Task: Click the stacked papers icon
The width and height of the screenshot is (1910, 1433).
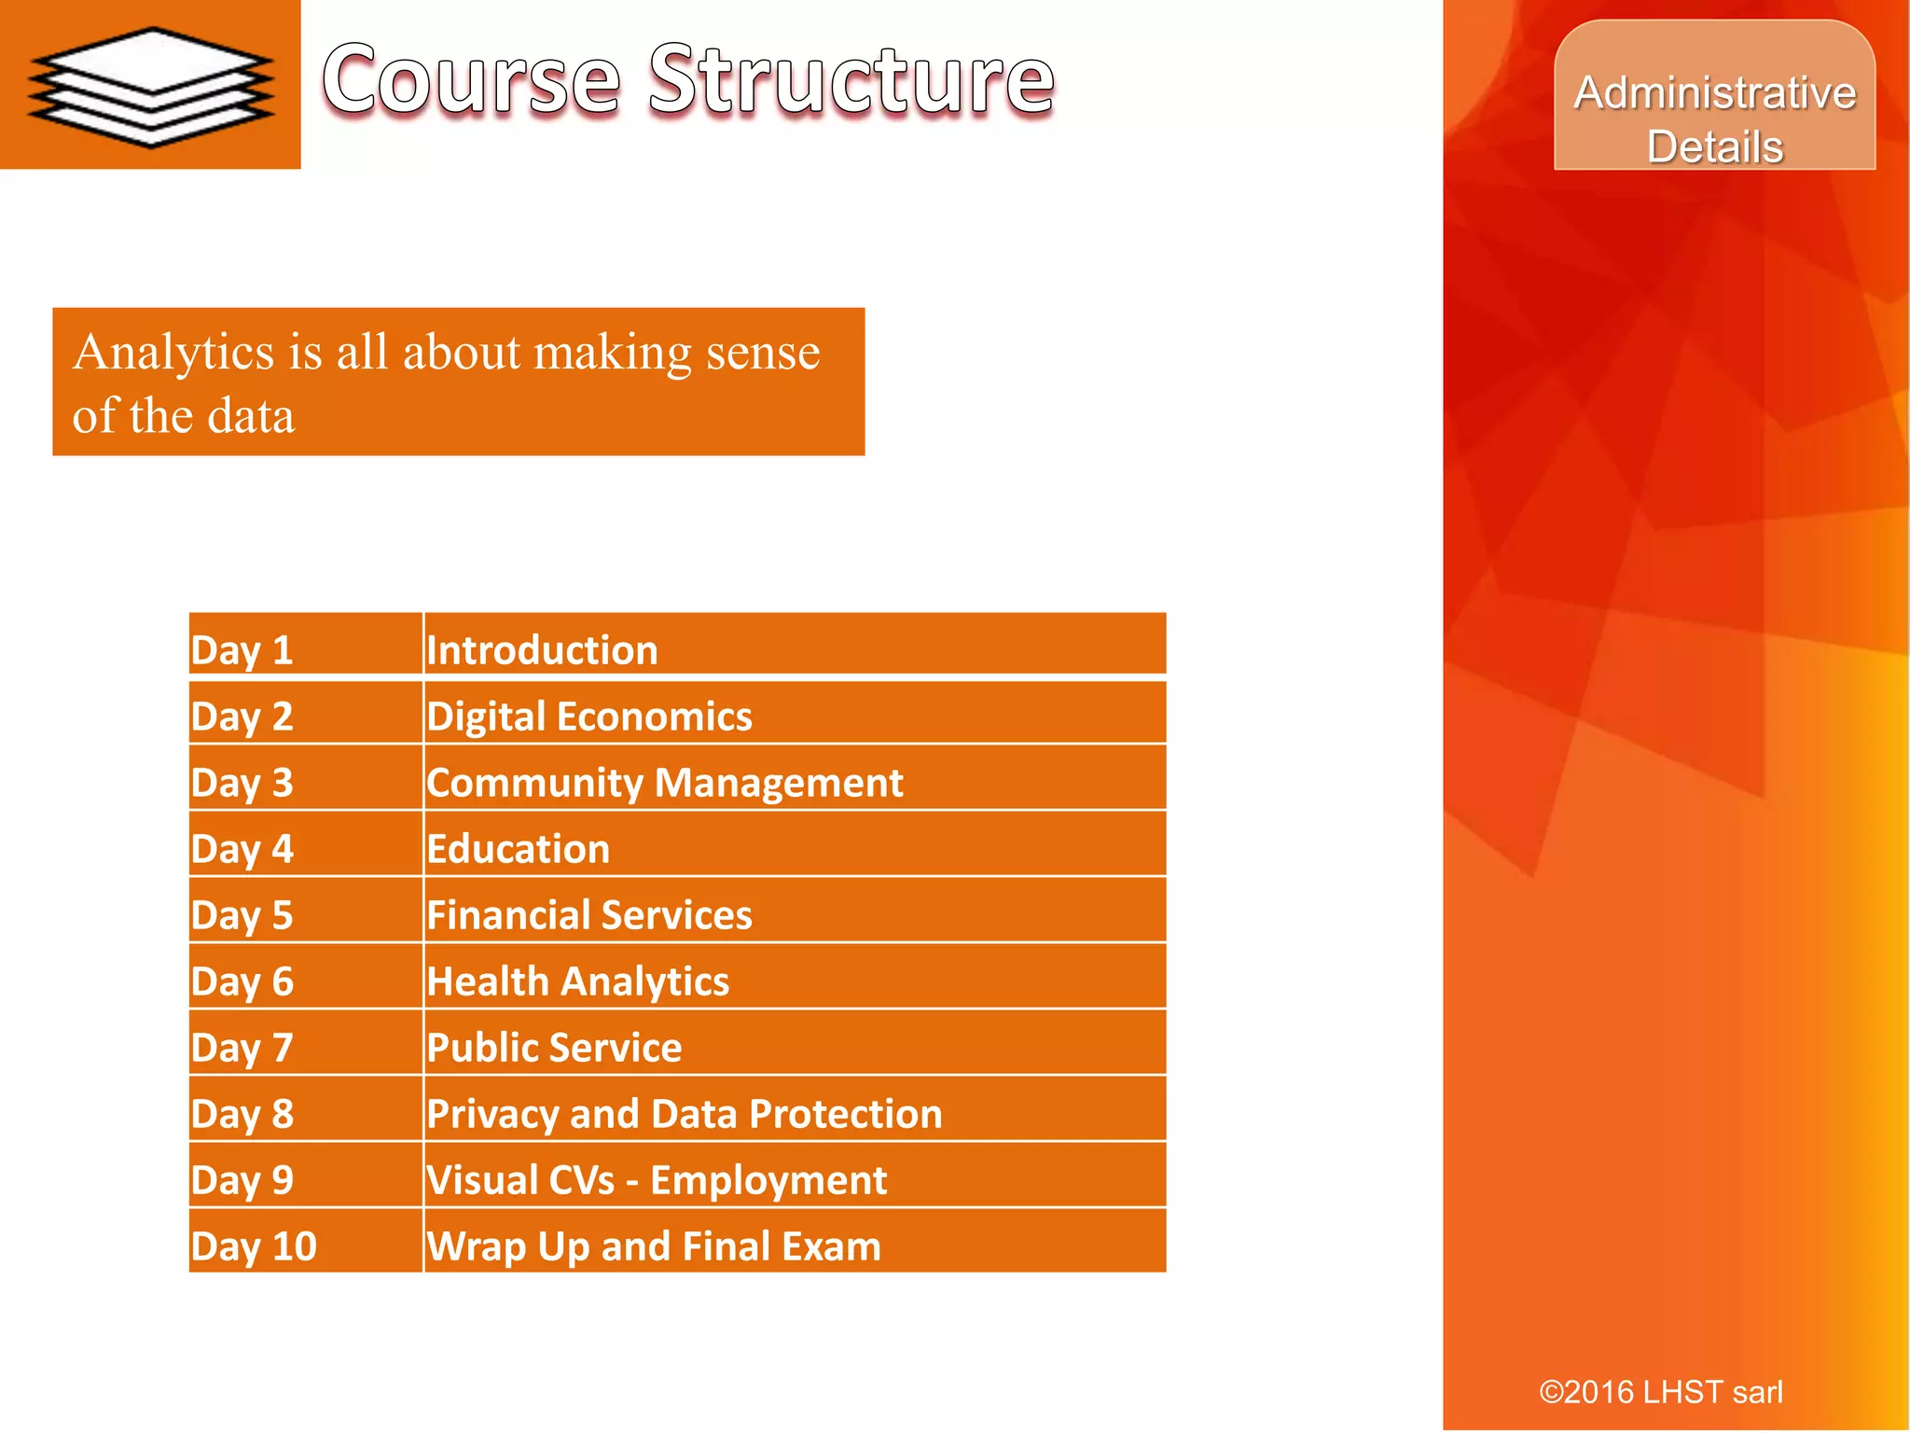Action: tap(151, 87)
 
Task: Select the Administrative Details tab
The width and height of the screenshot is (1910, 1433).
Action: tap(1714, 118)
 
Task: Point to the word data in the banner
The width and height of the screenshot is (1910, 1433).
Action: tap(250, 416)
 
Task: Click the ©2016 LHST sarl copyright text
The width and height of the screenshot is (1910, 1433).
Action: tap(1660, 1392)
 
